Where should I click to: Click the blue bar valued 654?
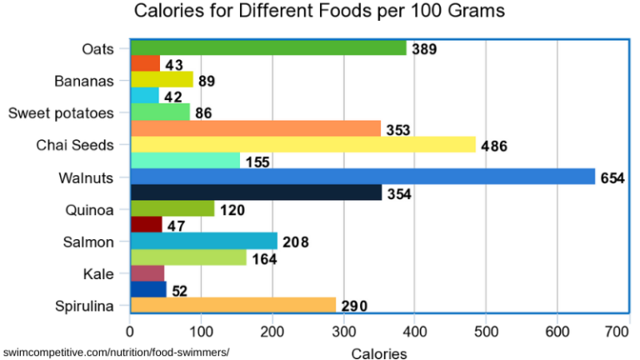[362, 177]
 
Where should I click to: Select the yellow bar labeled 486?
[303, 145]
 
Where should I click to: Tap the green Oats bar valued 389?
[268, 48]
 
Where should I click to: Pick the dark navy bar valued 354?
[256, 192]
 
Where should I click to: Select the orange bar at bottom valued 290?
[233, 305]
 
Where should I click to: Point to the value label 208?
[295, 242]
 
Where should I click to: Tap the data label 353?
[398, 130]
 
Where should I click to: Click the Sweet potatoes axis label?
[59, 112]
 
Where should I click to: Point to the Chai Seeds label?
[74, 145]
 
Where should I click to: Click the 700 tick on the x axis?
[617, 332]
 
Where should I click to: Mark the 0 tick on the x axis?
[130, 332]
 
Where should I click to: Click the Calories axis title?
[379, 352]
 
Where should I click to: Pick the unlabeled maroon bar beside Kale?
[147, 273]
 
